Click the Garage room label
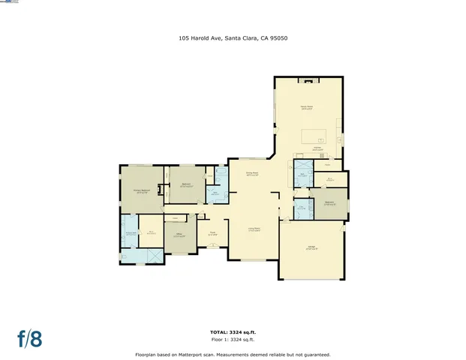point(311,248)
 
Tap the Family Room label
point(307,108)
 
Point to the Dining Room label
point(252,174)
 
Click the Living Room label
point(254,229)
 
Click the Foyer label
point(212,233)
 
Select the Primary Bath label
point(130,233)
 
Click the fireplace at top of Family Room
point(307,79)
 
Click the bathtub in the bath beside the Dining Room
point(222,172)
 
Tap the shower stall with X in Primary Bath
point(154,255)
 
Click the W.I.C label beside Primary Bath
point(151,232)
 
